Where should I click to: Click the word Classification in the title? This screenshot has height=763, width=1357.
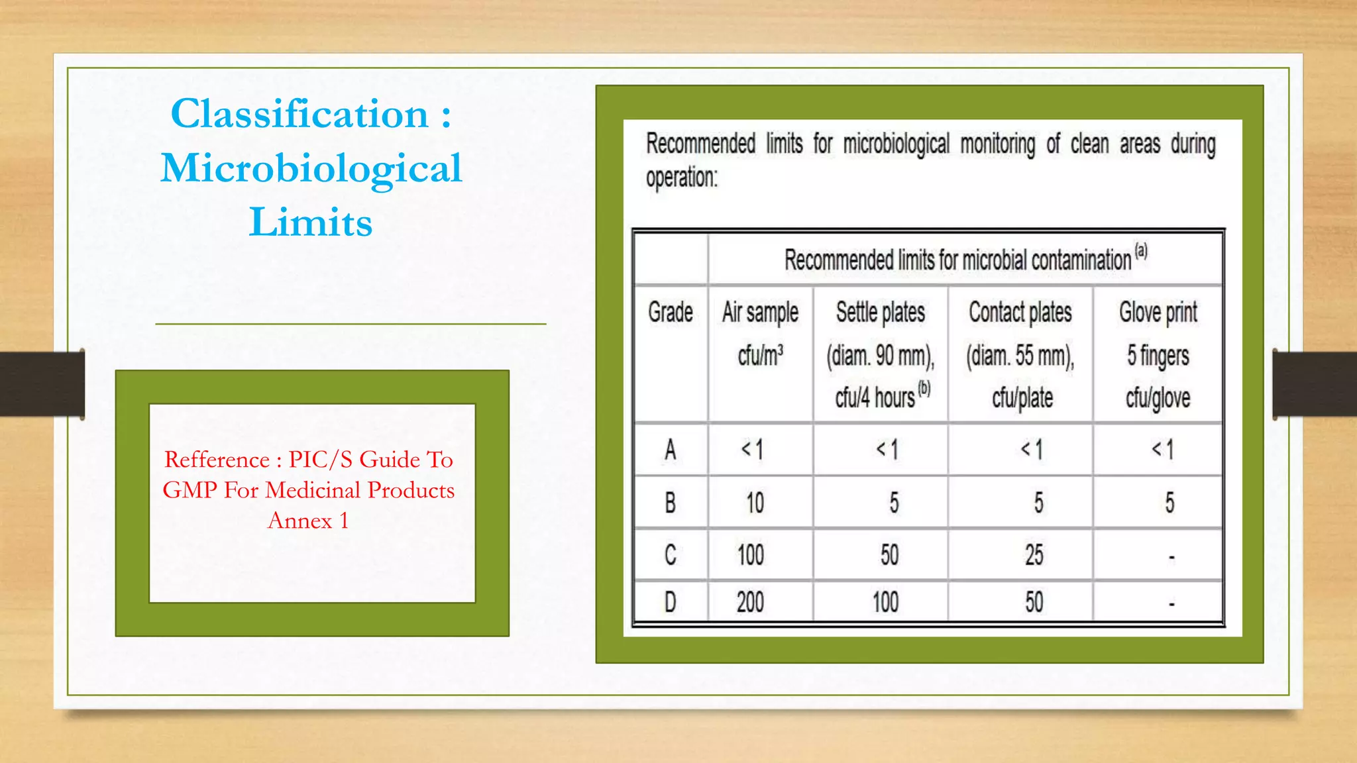click(299, 114)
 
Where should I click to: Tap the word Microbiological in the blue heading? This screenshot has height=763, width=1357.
click(311, 168)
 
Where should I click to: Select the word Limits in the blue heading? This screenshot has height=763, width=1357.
click(311, 222)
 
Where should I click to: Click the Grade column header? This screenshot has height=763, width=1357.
click(671, 312)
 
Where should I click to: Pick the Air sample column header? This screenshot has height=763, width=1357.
click(760, 312)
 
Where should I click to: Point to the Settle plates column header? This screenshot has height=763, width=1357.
click(880, 312)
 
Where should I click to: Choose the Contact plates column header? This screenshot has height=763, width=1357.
click(1020, 312)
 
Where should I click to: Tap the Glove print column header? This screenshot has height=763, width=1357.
click(1158, 312)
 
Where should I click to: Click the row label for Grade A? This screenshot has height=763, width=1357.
click(671, 450)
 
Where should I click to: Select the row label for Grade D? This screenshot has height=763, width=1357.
click(671, 602)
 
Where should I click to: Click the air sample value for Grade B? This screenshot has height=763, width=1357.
click(755, 503)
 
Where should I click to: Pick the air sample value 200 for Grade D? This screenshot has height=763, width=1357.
click(750, 602)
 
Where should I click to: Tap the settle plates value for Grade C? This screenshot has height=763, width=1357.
click(889, 555)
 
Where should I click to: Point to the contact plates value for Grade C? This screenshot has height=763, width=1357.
click(1034, 555)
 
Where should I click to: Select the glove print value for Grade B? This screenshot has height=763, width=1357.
click(1169, 503)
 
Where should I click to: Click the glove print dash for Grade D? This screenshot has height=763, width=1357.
click(1171, 604)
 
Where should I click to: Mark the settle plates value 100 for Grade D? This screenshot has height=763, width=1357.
click(885, 602)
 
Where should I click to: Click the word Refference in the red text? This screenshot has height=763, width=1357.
click(217, 460)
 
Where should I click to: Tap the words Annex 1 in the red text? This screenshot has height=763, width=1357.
click(308, 521)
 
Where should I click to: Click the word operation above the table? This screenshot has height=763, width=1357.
click(681, 178)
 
